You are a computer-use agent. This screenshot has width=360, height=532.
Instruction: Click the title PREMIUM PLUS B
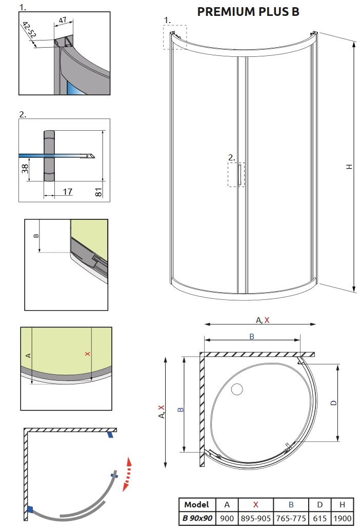tap(248, 12)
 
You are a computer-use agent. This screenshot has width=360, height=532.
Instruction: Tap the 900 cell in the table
tap(227, 519)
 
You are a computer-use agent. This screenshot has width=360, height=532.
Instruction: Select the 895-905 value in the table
tap(256, 519)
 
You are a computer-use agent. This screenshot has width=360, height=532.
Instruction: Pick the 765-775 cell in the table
tap(291, 519)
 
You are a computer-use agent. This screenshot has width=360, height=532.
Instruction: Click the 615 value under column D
tap(319, 519)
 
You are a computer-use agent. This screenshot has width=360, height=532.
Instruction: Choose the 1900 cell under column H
tap(342, 519)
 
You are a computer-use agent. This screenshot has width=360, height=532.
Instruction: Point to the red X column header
tap(256, 504)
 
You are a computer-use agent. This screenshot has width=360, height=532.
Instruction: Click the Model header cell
tap(196, 504)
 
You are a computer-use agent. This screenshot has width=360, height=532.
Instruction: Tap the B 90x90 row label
tap(197, 519)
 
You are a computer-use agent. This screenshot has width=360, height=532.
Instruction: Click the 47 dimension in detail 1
tap(63, 20)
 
